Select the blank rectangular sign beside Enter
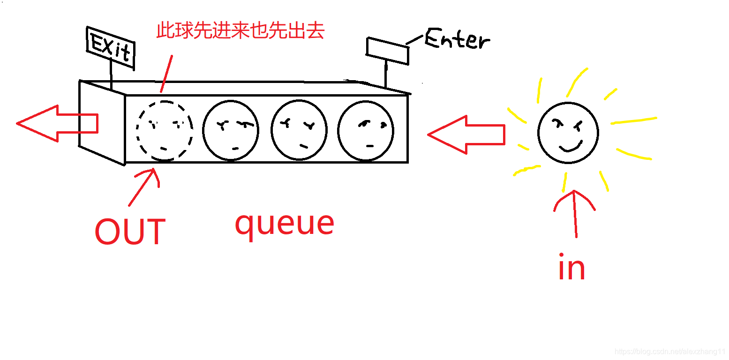click(x=387, y=51)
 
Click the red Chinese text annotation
click(x=240, y=31)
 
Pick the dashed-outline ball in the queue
click(x=164, y=130)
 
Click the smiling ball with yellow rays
click(x=568, y=133)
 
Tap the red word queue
click(x=284, y=224)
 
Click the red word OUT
click(x=130, y=232)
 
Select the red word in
click(x=571, y=267)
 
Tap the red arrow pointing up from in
click(x=574, y=213)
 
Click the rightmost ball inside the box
click(x=366, y=131)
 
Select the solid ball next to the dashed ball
click(x=231, y=130)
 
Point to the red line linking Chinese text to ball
click(x=166, y=74)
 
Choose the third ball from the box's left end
click(x=299, y=131)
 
